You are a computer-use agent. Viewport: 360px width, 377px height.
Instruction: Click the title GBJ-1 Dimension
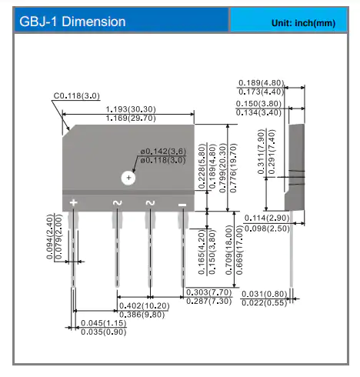tap(72, 22)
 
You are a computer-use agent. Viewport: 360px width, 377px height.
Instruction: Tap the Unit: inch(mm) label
tap(303, 23)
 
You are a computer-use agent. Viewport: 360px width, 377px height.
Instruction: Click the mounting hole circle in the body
tap(128, 178)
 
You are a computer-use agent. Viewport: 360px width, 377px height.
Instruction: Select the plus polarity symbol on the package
tap(73, 202)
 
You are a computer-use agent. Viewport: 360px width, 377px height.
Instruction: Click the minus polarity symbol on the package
tap(182, 205)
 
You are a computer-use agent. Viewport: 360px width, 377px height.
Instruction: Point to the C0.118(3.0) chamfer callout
tap(76, 96)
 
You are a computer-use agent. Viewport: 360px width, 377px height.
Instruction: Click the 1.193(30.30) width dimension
tap(131, 109)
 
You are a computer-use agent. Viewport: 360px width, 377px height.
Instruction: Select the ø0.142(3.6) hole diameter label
tap(163, 152)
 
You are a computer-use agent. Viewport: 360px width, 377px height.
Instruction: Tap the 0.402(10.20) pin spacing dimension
tap(145, 305)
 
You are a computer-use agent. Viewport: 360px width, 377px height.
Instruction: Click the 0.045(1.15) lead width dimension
tap(104, 323)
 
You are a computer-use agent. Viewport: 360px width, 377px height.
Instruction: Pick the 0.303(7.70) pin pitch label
tap(209, 292)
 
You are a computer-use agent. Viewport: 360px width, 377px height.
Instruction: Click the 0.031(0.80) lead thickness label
tap(265, 294)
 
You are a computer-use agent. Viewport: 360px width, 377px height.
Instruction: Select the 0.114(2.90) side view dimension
tap(267, 218)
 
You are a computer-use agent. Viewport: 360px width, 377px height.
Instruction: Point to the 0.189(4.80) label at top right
tap(262, 83)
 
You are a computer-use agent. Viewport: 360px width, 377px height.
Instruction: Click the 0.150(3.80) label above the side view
tap(258, 104)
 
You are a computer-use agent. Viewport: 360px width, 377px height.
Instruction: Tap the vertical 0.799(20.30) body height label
tap(223, 168)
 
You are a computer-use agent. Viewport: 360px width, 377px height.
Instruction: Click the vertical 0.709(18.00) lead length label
tap(228, 250)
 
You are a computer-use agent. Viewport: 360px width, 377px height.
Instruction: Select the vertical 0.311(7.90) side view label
tap(261, 152)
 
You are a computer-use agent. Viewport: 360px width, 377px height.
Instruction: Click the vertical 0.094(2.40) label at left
tap(50, 237)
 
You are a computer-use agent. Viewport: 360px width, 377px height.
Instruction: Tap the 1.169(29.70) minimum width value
tap(131, 118)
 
